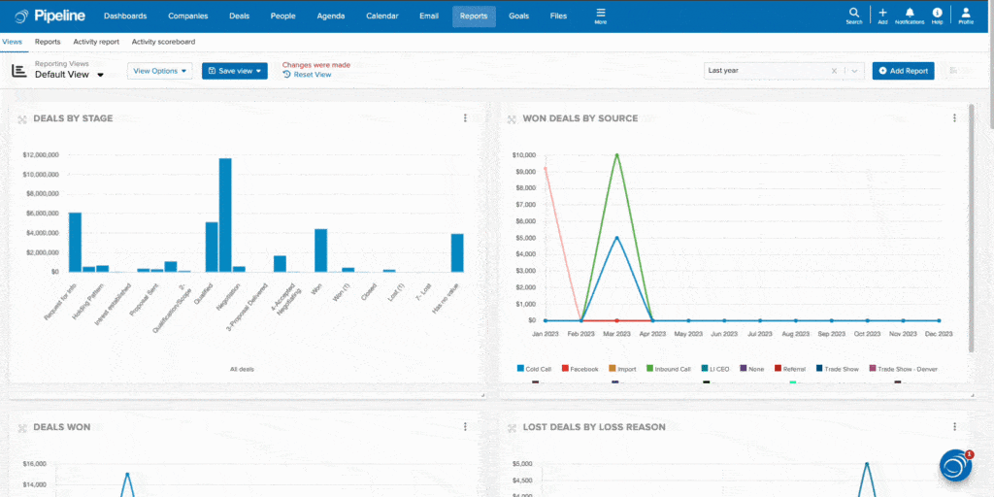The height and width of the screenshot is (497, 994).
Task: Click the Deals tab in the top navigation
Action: (x=239, y=17)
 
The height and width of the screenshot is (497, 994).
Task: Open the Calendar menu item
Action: (x=382, y=17)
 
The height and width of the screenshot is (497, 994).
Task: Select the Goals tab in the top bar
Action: (x=519, y=17)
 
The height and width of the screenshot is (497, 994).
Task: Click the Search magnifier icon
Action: (x=853, y=14)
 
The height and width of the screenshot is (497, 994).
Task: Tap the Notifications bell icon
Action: (x=910, y=14)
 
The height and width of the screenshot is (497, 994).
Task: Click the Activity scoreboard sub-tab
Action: (x=163, y=42)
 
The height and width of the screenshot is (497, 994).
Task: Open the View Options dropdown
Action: (x=160, y=71)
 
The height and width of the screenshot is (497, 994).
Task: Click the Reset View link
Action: (x=312, y=75)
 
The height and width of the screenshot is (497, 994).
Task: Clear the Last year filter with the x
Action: (x=834, y=71)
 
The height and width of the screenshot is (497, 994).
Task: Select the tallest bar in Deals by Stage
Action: (x=225, y=214)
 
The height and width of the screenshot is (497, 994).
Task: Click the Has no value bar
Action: (x=457, y=252)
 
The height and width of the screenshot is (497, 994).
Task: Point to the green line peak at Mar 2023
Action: (x=617, y=154)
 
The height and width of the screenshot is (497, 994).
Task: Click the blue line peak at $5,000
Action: (x=617, y=237)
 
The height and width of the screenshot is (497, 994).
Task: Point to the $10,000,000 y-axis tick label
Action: (x=41, y=175)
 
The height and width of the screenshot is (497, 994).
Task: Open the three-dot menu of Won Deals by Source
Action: (x=954, y=118)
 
